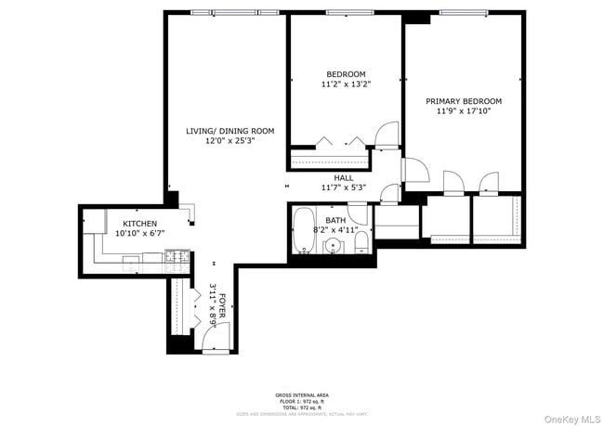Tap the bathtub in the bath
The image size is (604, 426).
304,231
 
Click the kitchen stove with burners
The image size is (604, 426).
177,259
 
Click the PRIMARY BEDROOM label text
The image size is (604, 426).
464,101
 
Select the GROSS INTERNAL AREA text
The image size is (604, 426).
301,394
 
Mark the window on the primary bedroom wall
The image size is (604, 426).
464,13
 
